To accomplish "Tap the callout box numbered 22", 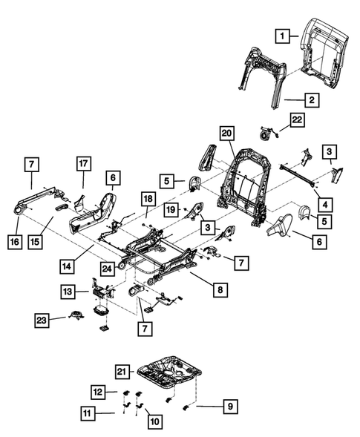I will coord(297,121).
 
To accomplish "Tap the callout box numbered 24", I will coord(108,268).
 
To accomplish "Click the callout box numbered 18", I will coord(148,199).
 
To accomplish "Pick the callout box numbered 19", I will coord(170,210).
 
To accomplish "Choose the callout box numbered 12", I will coord(98,391).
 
